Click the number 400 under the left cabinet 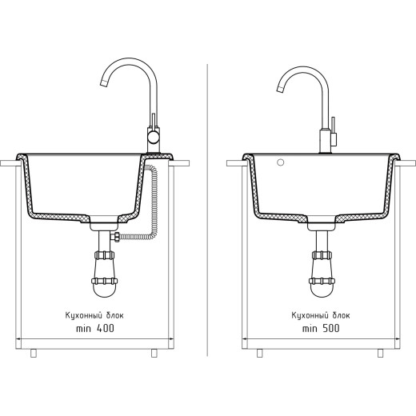106,328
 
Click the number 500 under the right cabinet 331,328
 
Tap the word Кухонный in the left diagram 84,316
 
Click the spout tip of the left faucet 103,83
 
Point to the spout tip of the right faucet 280,90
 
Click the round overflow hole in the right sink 280,162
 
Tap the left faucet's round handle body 153,138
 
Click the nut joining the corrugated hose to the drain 116,237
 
